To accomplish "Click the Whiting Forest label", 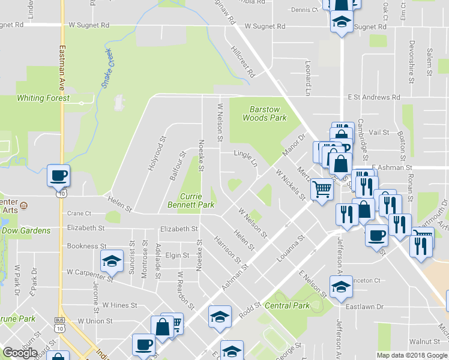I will click(43, 98).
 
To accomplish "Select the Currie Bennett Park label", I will click(197, 201).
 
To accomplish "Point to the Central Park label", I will click(287, 306).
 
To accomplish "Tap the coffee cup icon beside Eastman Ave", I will click(59, 176).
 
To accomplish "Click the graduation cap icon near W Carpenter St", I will click(111, 262).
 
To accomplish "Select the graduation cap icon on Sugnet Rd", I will click(342, 23).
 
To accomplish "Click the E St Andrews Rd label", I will click(373, 97).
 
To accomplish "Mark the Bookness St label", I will click(86, 246).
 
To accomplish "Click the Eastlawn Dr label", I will click(364, 307).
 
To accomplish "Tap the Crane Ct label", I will click(79, 213).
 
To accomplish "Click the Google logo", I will click(20, 353).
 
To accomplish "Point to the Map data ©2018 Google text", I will click(411, 355).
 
